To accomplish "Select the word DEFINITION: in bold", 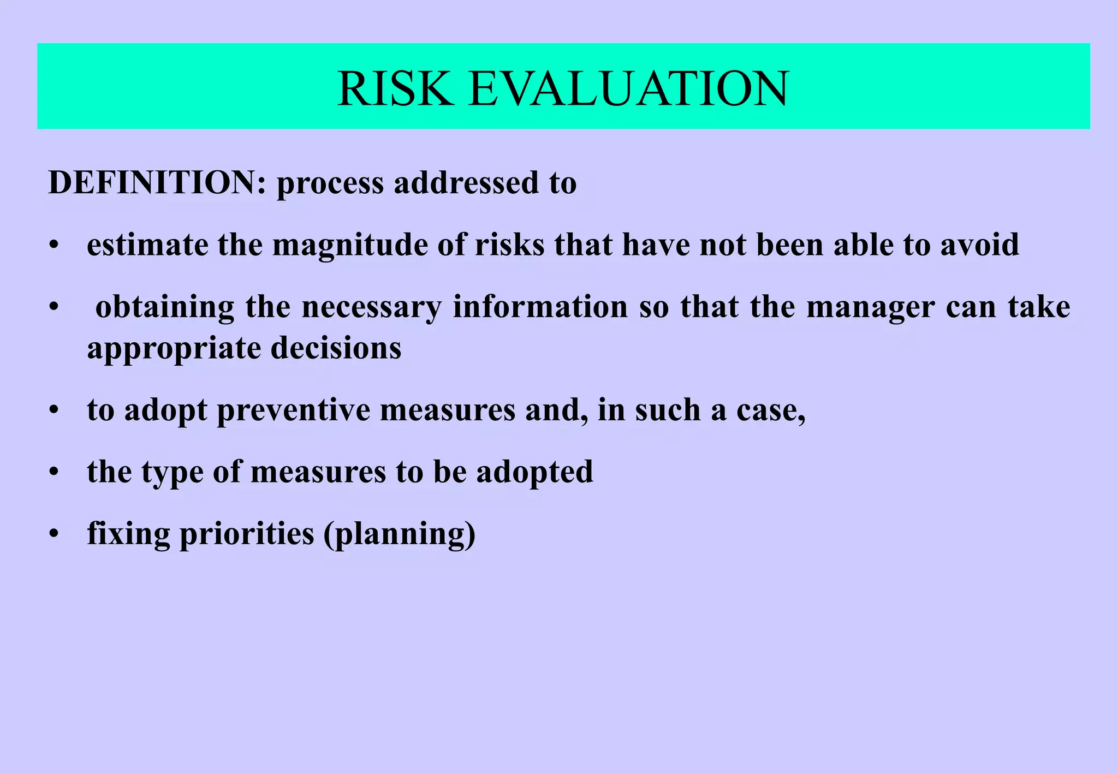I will point(157,182).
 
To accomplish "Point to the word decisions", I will point(336,348).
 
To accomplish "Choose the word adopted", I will point(534,473).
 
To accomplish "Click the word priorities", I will point(247,534).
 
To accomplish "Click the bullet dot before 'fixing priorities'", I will point(53,534).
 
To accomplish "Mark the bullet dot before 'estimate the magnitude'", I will point(53,246).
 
